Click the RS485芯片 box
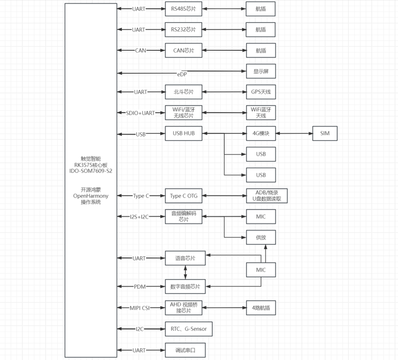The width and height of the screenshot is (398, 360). click(184, 9)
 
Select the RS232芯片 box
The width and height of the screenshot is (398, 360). click(184, 30)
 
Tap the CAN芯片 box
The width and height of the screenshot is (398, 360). click(184, 50)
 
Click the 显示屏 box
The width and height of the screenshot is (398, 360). click(261, 71)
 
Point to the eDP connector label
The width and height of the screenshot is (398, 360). click(182, 75)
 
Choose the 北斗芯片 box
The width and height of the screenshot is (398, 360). click(184, 92)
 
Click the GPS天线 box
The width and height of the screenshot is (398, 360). click(261, 92)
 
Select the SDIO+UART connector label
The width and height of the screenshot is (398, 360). click(140, 113)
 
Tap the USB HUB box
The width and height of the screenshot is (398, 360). click(184, 133)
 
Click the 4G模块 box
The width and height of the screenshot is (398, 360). click(261, 133)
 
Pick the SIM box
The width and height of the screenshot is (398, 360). click(325, 133)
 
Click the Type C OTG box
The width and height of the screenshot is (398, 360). click(184, 196)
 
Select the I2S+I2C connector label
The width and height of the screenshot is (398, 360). click(139, 217)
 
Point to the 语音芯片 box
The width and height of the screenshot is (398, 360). click(185, 258)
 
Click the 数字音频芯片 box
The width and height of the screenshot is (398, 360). click(185, 287)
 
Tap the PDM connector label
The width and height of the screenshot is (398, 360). click(140, 287)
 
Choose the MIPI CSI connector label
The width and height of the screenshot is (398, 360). click(140, 308)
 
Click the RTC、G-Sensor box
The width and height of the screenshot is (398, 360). click(189, 329)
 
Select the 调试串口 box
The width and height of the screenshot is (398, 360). click(185, 351)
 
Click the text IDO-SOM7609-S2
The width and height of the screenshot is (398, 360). click(91, 171)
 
